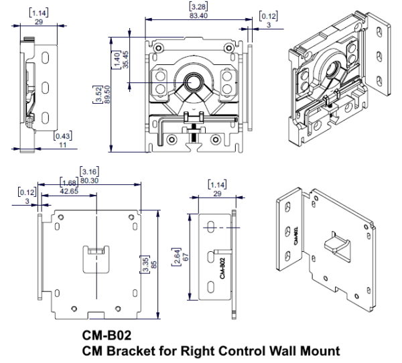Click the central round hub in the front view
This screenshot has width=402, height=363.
[x=194, y=83]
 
